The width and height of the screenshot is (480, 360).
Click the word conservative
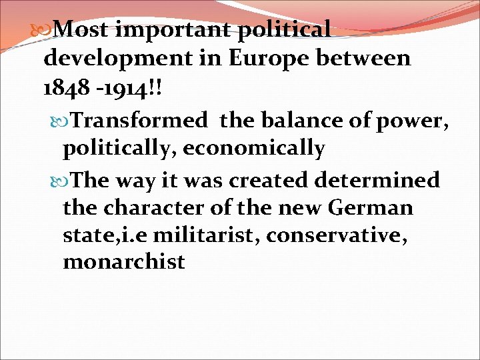coord(349,235)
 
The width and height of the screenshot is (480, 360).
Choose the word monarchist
coord(123,262)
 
